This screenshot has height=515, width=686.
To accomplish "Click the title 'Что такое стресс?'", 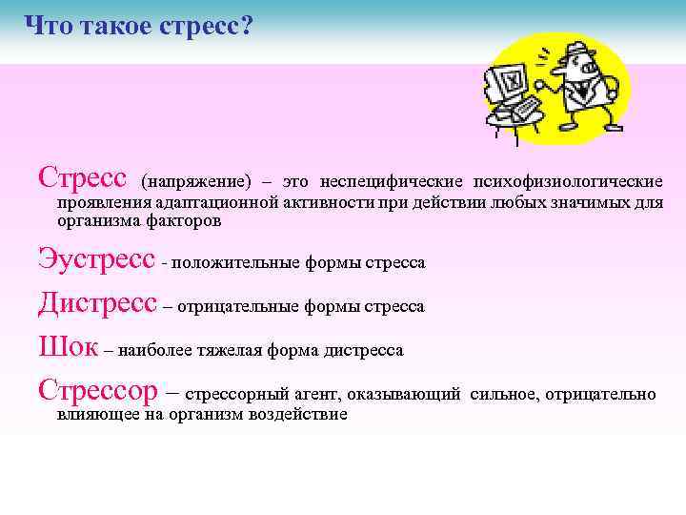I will click(x=137, y=26).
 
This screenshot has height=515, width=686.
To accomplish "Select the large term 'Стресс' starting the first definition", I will click(x=82, y=177).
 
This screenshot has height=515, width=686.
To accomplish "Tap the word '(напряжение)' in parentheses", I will click(x=196, y=181).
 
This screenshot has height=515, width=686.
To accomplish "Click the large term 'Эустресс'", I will click(x=95, y=259).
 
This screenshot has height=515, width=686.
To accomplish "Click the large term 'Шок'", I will click(x=68, y=347).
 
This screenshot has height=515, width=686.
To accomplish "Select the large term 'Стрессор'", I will click(x=100, y=391).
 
